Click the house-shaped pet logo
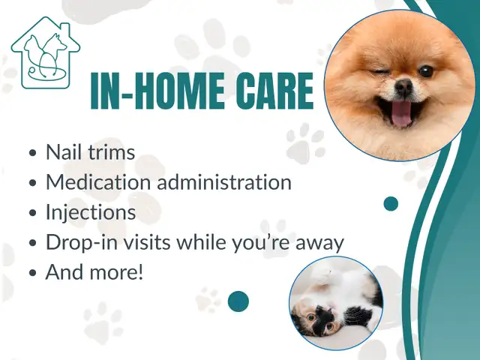pos(46,52)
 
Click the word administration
pos(224,181)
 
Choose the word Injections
pos(91,212)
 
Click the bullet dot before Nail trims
pos(32,153)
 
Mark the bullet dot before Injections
pos(32,213)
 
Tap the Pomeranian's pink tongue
pos(401,113)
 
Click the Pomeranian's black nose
pos(404,86)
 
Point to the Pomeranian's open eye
pos(426,71)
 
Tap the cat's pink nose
pos(329,304)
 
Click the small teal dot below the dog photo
pos(391,204)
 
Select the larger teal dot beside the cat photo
pos(238,301)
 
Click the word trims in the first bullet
pos(112,151)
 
